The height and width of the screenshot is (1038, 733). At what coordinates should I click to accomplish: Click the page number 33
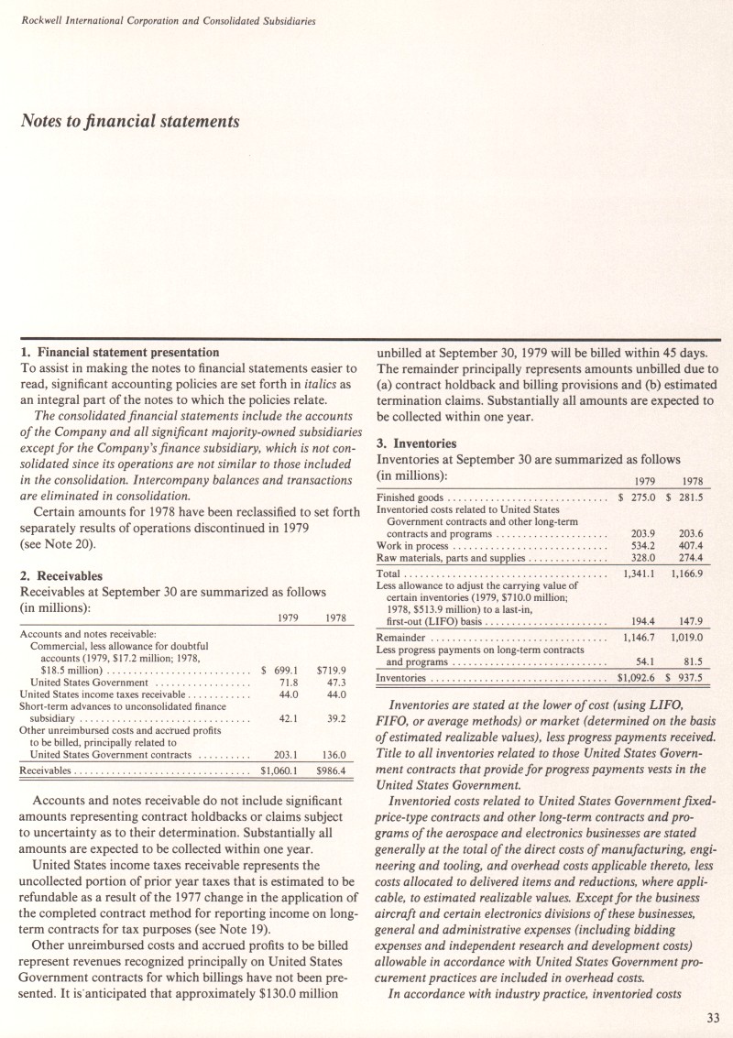tap(713, 1014)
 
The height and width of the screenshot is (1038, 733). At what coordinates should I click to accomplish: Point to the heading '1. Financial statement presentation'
tap(119, 352)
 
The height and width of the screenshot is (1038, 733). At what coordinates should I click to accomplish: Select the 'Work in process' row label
tap(412, 546)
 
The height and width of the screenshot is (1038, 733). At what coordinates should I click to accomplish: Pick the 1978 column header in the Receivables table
tap(331, 618)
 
